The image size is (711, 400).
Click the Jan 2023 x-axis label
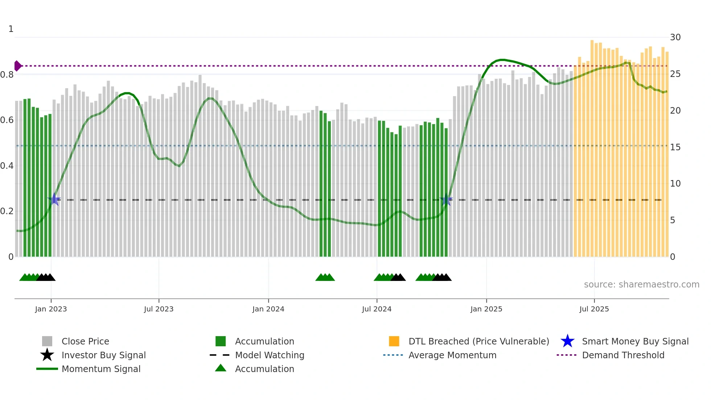coord(51,309)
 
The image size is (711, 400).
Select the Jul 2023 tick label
coord(159,309)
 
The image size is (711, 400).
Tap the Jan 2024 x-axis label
coord(268,309)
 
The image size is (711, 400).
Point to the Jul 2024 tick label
coord(377,309)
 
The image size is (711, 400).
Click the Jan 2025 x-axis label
coord(486,309)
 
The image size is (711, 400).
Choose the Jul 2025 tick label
coord(594,309)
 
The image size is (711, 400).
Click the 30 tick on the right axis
coord(675,37)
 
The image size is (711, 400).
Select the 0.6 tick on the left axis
coord(7,120)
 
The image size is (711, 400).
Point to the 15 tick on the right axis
coord(675,147)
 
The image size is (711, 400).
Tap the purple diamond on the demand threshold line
coord(17,66)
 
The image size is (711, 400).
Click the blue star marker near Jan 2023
coord(54,199)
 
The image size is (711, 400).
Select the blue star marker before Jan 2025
coord(446,200)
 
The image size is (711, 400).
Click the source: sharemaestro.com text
coord(641,285)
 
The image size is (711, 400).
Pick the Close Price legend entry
coord(85,341)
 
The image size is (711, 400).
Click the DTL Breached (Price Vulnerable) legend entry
coord(478,341)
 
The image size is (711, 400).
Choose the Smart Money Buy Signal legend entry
coord(635,341)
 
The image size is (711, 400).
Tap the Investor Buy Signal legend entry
coord(103,355)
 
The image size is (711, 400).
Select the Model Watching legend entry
coord(269,355)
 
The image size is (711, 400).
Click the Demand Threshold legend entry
coord(623,355)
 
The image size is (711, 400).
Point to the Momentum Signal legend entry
coord(101,369)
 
